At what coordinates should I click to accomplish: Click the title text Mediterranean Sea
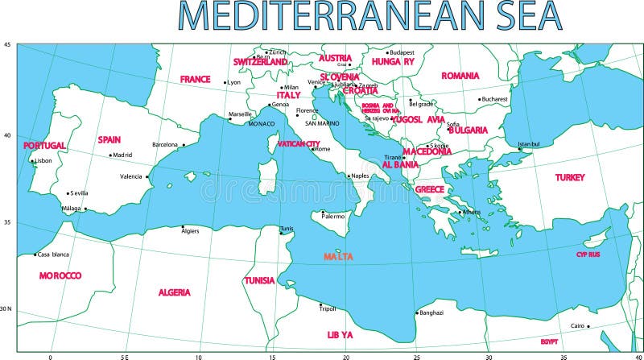click(x=369, y=16)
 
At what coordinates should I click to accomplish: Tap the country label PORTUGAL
click(x=44, y=146)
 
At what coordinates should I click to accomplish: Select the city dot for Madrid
click(x=110, y=155)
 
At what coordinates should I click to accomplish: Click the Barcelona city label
click(x=164, y=145)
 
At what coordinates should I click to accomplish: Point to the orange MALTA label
click(x=339, y=256)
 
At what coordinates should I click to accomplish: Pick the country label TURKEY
click(x=570, y=177)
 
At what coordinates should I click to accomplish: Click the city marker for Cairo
click(x=588, y=326)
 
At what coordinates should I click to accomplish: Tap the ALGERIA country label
click(x=174, y=292)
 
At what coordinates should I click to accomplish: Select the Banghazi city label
click(x=431, y=312)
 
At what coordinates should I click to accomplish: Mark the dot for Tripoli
click(x=320, y=304)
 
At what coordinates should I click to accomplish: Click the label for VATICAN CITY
click(x=299, y=144)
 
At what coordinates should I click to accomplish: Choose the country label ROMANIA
click(x=460, y=76)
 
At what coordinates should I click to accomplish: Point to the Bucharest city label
click(x=494, y=99)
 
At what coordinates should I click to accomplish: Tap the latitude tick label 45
click(x=8, y=45)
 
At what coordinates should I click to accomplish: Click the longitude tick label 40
click(x=638, y=355)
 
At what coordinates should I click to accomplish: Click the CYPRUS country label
click(x=588, y=254)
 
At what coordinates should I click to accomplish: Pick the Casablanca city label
click(x=53, y=254)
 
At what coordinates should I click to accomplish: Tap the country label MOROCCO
click(x=60, y=275)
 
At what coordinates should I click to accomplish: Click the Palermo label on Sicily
click(x=333, y=216)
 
